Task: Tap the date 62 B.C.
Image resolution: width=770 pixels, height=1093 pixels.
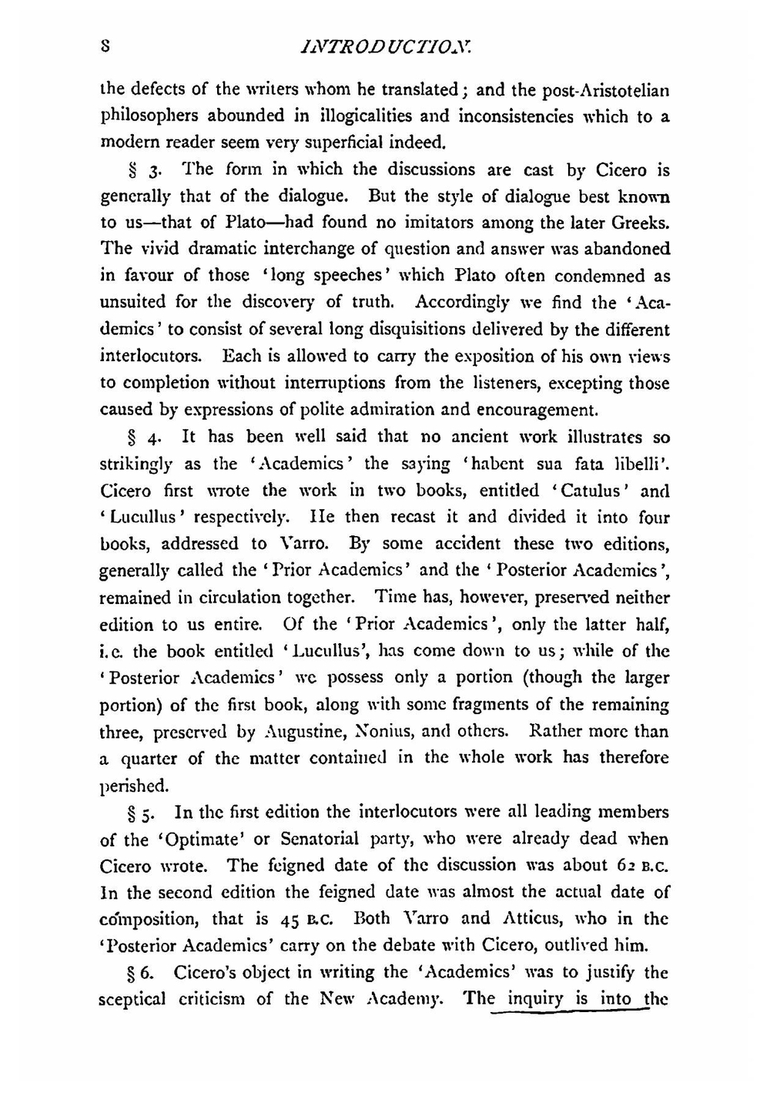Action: point(634,867)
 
